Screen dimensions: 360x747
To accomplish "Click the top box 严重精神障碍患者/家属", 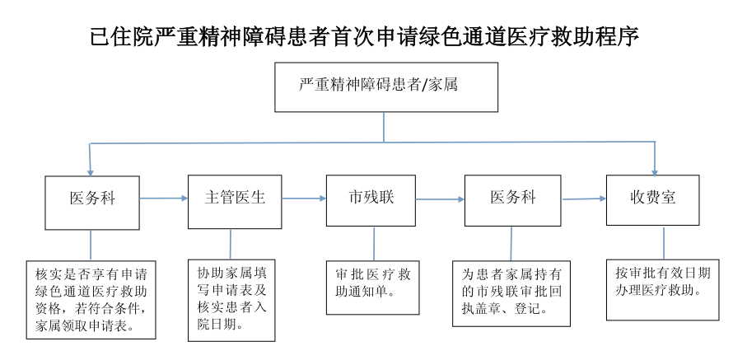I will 385,86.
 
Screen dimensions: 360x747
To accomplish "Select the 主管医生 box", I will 235,201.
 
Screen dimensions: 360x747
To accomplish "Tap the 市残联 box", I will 372,199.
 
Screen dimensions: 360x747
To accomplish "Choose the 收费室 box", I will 652,199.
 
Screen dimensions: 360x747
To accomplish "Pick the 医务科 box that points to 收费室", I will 512,199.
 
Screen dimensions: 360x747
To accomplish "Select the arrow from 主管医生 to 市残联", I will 304,199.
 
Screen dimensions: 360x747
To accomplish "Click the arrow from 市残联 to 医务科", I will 440,199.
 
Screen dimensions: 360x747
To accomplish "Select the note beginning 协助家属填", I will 231,297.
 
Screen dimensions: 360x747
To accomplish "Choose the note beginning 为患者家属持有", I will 511,293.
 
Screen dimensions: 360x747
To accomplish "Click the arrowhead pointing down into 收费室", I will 655,170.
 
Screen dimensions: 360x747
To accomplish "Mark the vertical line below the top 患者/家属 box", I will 385,128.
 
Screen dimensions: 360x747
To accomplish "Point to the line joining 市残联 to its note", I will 374,244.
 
